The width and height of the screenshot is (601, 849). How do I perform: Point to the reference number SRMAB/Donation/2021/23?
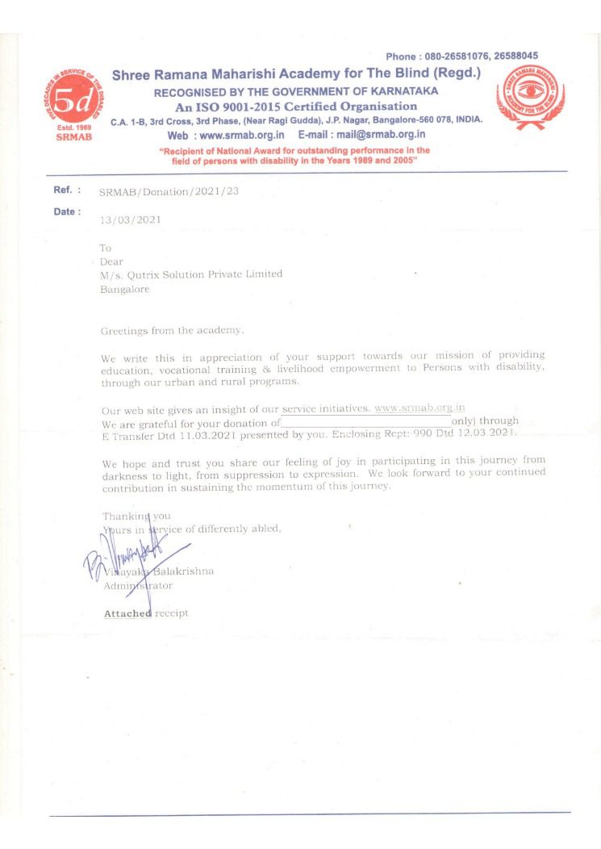pos(169,191)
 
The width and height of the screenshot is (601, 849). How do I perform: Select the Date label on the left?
pos(66,211)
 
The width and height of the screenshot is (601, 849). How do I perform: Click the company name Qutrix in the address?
pos(142,274)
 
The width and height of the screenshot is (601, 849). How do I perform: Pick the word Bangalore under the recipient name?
pos(124,289)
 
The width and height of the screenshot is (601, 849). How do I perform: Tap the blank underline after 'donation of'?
pos(365,422)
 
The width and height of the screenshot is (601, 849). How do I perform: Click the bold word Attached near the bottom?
pos(127,613)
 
